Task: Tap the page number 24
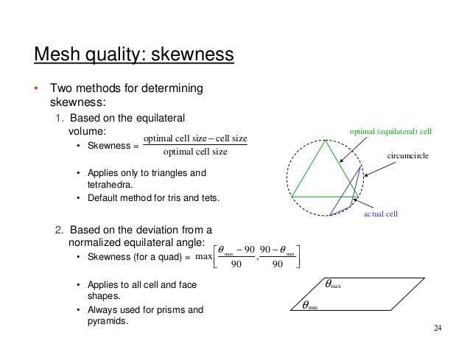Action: [x=438, y=328]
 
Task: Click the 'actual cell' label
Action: [x=382, y=214]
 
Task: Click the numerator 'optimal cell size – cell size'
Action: [x=194, y=138]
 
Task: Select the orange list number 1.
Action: [x=60, y=118]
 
